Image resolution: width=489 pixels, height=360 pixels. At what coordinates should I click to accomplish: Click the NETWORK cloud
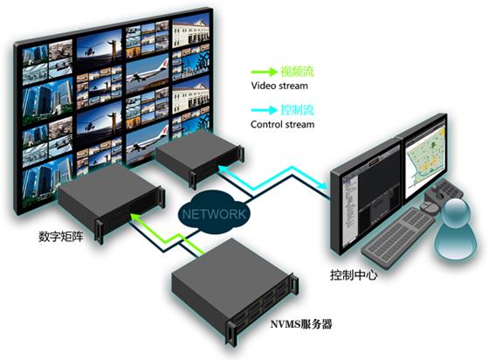click(214, 213)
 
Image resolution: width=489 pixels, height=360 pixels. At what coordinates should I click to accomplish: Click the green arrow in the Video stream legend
click(264, 72)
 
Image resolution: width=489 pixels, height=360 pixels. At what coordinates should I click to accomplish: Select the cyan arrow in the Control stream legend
click(264, 110)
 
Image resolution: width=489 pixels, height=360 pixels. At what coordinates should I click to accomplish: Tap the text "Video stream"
click(279, 86)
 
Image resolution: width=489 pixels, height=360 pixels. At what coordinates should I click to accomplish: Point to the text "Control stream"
click(283, 124)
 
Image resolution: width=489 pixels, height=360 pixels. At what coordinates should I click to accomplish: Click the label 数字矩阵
click(61, 237)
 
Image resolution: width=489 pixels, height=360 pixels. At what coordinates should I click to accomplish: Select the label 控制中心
click(354, 275)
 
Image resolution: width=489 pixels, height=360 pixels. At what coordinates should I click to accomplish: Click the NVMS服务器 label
click(301, 324)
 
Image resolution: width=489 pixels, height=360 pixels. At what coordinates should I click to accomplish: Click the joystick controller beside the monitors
click(440, 195)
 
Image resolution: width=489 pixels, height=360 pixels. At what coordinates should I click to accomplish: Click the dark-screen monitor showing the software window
click(366, 198)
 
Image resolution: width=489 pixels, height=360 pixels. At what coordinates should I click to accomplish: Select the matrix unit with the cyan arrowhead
click(200, 157)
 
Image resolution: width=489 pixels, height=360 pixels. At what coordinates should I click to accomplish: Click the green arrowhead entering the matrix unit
click(134, 217)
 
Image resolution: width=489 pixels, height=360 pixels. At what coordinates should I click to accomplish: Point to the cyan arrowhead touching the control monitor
click(323, 185)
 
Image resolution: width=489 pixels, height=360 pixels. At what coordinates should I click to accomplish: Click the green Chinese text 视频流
click(297, 72)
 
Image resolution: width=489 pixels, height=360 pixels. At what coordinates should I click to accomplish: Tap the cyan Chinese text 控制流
click(297, 110)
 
